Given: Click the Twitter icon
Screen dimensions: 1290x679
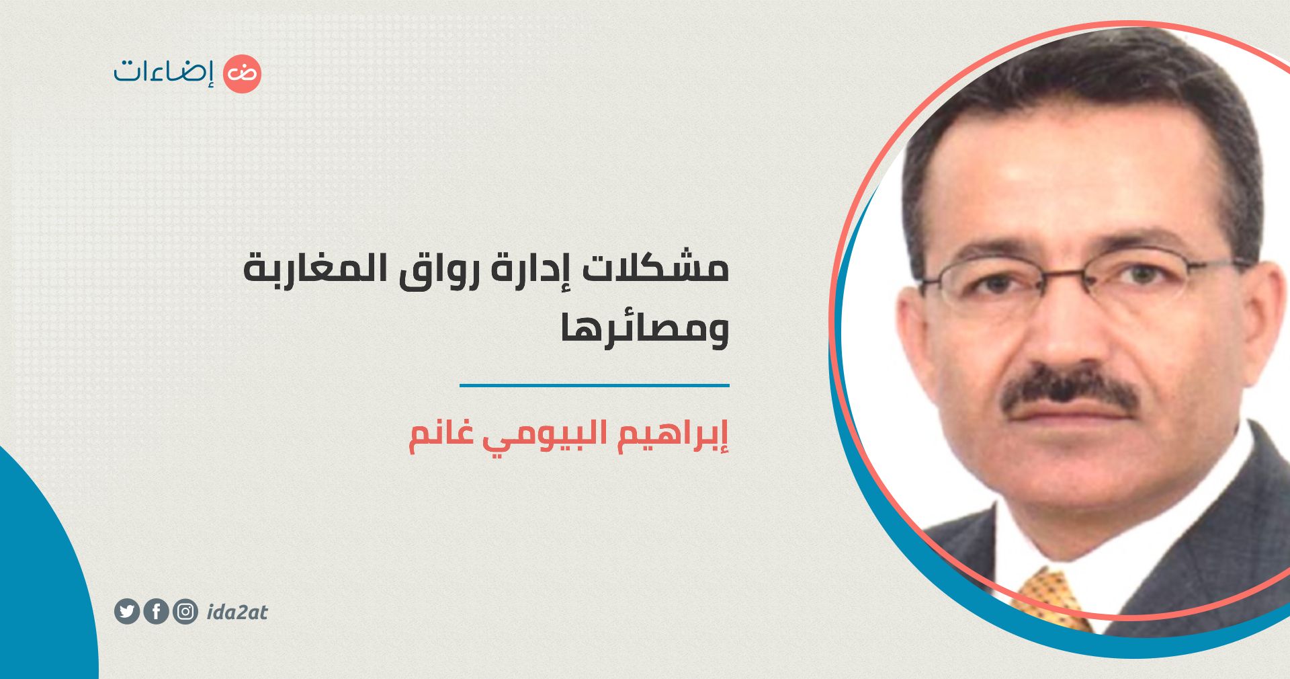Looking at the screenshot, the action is (127, 612).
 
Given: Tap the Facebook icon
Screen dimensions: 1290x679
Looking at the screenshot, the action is (156, 612).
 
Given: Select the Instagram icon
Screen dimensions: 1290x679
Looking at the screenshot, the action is (185, 612).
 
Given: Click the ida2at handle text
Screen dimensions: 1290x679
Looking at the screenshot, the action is (237, 612).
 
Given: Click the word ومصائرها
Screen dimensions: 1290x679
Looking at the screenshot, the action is (646, 329).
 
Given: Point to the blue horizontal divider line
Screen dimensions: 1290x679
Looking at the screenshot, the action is (595, 385).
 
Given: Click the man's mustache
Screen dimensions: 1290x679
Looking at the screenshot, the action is (1070, 393).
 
